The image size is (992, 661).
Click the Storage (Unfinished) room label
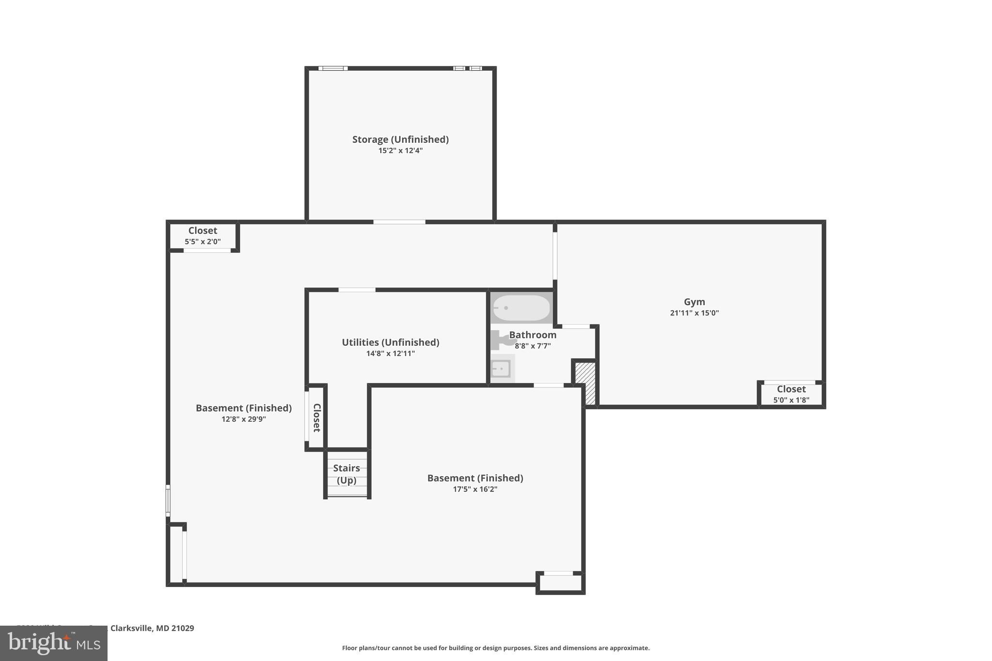tap(400, 139)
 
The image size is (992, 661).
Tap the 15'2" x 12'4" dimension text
tap(400, 151)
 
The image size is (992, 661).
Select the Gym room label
tap(694, 302)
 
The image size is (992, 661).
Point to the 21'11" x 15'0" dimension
tap(694, 313)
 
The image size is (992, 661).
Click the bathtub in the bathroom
tap(521, 308)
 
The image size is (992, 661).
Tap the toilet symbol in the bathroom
tap(501, 340)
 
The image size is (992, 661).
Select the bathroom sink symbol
tap(501, 369)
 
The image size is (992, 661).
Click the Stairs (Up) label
tap(346, 474)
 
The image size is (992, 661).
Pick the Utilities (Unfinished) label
tap(390, 342)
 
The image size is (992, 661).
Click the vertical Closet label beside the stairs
tap(316, 417)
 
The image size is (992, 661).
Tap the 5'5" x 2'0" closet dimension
tap(202, 241)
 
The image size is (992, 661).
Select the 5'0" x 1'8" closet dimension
tap(791, 400)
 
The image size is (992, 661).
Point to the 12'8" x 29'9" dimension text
tap(244, 419)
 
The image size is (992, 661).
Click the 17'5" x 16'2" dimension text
tap(475, 489)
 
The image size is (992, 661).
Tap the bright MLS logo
tap(54, 643)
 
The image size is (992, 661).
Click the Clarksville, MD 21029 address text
tap(152, 628)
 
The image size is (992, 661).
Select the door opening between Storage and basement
tap(399, 222)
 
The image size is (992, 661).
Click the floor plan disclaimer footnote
tap(496, 648)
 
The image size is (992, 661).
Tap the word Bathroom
tap(532, 335)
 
